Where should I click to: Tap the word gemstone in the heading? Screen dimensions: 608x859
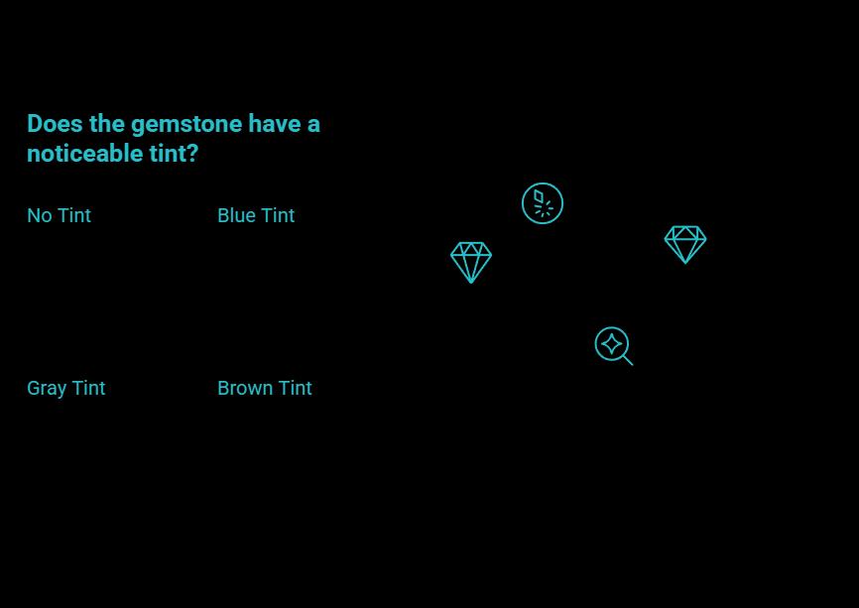pyautogui.click(x=186, y=125)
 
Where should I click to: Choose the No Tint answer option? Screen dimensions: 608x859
pyautogui.click(x=59, y=215)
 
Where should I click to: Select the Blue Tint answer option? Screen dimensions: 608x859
pyautogui.click(x=256, y=215)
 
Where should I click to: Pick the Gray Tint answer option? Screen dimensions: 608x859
pyautogui.click(x=65, y=388)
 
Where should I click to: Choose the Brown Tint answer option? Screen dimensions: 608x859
pyautogui.click(x=264, y=388)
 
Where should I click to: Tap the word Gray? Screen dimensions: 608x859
pyautogui.click(x=47, y=388)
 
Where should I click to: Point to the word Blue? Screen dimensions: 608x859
pyautogui.click(x=236, y=215)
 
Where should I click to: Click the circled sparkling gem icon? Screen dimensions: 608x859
pyautogui.click(x=543, y=203)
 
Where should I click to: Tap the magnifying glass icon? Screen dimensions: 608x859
pyautogui.click(x=613, y=345)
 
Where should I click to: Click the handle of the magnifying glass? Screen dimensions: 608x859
pyautogui.click(x=628, y=360)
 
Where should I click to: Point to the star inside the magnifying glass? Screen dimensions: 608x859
pyautogui.click(x=611, y=344)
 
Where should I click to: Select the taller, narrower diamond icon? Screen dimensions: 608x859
pyautogui.click(x=471, y=262)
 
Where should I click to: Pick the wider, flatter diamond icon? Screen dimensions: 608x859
pyautogui.click(x=685, y=244)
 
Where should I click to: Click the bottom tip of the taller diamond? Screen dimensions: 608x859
pyautogui.click(x=471, y=282)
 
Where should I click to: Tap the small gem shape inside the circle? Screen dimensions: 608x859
pyautogui.click(x=539, y=196)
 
